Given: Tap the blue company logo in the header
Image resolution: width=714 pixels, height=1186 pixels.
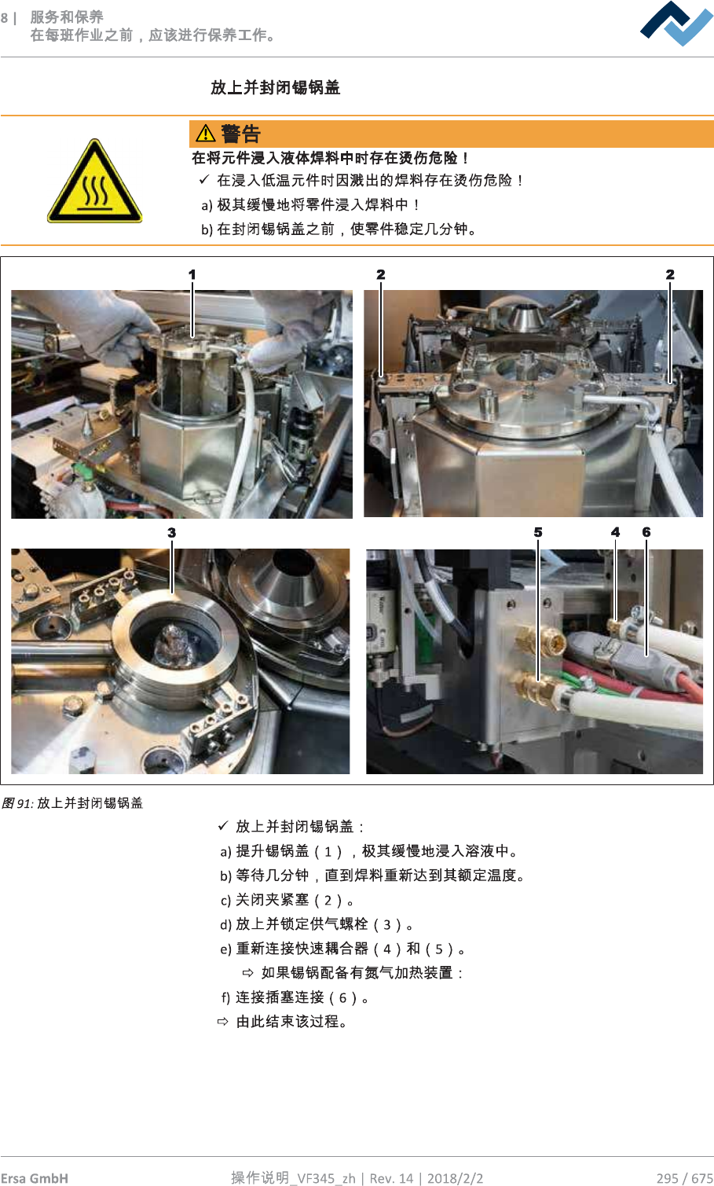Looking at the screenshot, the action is [676, 24].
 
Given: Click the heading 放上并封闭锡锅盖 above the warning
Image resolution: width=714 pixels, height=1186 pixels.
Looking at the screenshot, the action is [275, 87].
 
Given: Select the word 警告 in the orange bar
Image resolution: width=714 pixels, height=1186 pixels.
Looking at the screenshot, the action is [241, 134].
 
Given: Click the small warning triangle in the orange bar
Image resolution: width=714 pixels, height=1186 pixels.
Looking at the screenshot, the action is [205, 134].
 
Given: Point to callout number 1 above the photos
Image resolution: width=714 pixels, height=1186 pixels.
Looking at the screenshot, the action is [192, 274].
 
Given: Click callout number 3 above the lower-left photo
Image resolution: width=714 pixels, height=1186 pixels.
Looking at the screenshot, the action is [171, 533].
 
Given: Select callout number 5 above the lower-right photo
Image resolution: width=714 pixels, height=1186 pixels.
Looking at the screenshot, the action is [538, 532].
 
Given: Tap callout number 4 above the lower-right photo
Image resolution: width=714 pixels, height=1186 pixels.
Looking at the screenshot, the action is [615, 532].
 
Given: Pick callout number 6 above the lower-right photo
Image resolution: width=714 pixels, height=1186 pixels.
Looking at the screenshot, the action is [646, 532].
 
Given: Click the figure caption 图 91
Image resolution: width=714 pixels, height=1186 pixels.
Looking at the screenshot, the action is [17, 804].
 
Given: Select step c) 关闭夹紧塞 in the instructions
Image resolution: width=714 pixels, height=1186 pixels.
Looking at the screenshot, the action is [287, 900].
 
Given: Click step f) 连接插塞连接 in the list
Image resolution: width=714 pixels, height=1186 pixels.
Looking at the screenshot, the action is [295, 997].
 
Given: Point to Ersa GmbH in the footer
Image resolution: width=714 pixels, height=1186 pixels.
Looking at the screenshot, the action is [35, 1178].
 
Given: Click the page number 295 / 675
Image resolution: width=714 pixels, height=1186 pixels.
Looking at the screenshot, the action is [685, 1178].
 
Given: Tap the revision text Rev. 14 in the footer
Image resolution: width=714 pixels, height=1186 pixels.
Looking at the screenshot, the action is [391, 1178].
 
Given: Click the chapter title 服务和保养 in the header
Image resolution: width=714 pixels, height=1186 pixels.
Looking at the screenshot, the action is [67, 17].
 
